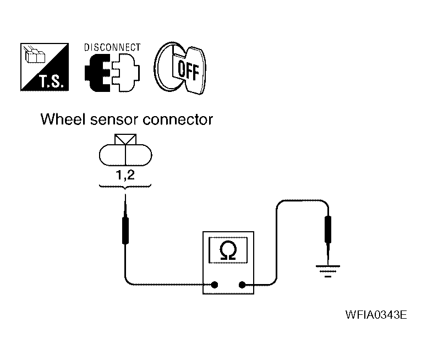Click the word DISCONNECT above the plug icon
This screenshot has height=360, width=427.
[112, 47]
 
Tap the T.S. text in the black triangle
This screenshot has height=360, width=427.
[52, 81]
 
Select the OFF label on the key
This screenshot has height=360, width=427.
[188, 70]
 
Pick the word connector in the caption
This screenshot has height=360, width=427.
[178, 119]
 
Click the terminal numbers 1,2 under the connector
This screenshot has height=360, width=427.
[125, 174]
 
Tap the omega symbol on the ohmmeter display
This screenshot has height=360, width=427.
[228, 250]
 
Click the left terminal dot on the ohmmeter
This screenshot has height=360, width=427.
[215, 285]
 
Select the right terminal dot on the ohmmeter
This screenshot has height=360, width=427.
[242, 285]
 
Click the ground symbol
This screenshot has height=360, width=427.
[328, 271]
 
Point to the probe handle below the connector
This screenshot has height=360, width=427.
[125, 230]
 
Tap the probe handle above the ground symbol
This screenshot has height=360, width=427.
[328, 229]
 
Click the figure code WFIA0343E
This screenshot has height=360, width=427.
[376, 315]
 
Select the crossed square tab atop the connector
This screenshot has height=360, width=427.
[125, 139]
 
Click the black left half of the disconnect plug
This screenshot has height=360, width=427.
[97, 73]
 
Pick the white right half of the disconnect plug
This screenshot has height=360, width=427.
[126, 73]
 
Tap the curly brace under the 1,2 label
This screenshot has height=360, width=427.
[125, 187]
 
